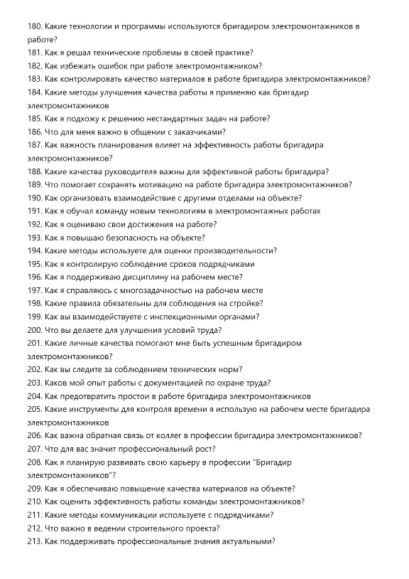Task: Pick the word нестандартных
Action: pos(153,119)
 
